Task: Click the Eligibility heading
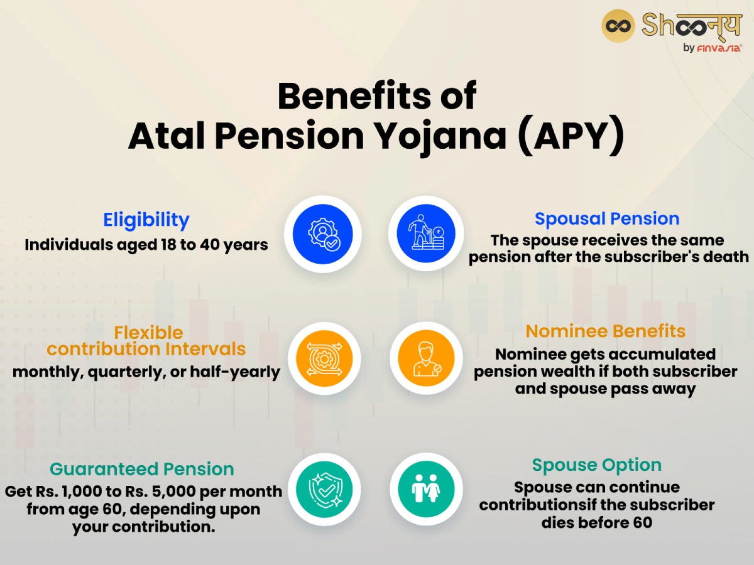coord(146,220)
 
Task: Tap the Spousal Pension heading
coord(607,218)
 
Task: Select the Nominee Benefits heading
coord(606,331)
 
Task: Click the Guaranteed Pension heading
coord(142,469)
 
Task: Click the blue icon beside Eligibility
coord(323,234)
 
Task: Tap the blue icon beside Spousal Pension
coord(426,234)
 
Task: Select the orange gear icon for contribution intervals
coord(324,359)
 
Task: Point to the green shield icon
coord(324,489)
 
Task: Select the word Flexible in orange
coord(149,332)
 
